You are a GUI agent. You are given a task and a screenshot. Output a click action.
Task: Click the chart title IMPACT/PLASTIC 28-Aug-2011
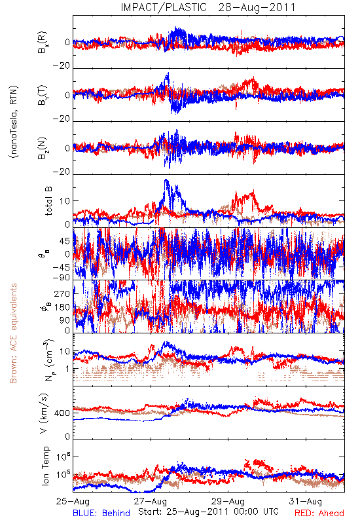click(x=208, y=7)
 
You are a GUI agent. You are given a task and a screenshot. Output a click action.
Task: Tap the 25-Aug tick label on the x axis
click(x=73, y=501)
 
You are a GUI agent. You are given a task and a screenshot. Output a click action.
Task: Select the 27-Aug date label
click(x=151, y=501)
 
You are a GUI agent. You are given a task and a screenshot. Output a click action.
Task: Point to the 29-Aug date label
click(x=228, y=501)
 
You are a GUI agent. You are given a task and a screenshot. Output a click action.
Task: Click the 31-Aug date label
click(x=306, y=501)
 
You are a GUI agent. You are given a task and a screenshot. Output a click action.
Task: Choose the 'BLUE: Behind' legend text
click(x=101, y=513)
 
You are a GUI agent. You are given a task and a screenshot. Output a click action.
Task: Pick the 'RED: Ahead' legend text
click(x=319, y=513)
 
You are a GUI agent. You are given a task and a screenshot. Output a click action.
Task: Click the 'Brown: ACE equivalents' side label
click(x=13, y=333)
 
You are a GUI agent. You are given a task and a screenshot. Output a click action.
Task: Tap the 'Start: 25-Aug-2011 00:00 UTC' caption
click(x=208, y=512)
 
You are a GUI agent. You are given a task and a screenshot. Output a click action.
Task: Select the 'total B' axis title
click(x=48, y=201)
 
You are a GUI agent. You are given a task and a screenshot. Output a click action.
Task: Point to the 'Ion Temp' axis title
click(x=45, y=466)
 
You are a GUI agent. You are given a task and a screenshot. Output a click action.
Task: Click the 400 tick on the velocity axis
click(x=62, y=413)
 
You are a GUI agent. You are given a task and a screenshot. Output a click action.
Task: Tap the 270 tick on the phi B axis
click(x=62, y=293)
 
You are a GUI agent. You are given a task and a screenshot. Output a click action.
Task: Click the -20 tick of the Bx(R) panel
click(x=61, y=65)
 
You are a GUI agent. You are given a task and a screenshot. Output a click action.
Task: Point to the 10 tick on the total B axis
click(x=65, y=201)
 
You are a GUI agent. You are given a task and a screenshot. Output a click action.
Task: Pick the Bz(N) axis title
click(x=43, y=148)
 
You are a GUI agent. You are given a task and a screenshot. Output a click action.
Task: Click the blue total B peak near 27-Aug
click(x=166, y=180)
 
